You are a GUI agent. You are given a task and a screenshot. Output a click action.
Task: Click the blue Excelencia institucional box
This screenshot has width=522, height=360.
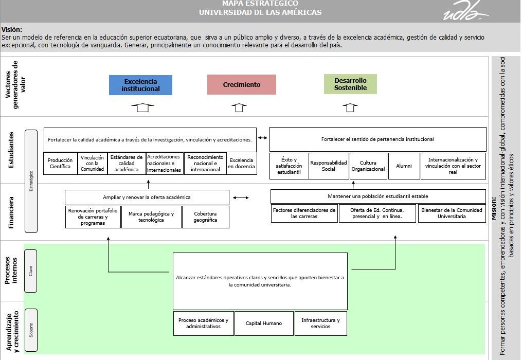[140, 85]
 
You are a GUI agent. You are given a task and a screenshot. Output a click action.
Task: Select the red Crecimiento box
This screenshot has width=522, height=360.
[242, 85]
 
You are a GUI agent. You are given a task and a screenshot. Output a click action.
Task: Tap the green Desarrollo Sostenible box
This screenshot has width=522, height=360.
[350, 84]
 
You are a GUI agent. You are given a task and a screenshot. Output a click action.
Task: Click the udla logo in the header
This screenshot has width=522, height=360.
[465, 11]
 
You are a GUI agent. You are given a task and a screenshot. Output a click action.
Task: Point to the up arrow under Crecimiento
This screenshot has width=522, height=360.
[239, 107]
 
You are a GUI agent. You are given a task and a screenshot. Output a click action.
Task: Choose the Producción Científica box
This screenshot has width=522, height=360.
[60, 164]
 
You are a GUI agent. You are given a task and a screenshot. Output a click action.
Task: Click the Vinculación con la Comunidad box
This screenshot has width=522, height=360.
[92, 164]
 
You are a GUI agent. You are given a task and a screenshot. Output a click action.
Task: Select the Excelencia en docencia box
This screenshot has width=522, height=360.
[241, 164]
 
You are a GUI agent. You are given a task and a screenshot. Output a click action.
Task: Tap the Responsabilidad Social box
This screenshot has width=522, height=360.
[329, 166]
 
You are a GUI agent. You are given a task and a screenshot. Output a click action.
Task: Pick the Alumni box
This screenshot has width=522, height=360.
[404, 166]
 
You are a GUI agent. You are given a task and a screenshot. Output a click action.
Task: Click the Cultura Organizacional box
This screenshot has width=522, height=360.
[368, 166]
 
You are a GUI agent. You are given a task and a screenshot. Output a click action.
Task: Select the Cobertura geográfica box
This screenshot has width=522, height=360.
[205, 217]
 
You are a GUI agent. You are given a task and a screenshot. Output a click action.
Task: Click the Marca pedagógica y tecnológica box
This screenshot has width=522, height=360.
[151, 217]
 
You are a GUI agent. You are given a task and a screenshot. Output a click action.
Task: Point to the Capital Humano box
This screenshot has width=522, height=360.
[264, 323]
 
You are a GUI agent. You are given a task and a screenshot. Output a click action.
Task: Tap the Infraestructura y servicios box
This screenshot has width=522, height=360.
[320, 323]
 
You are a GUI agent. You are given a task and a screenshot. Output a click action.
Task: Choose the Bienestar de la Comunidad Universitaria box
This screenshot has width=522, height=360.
[452, 213]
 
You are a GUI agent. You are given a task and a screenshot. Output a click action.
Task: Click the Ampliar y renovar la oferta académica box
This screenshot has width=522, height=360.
[147, 197]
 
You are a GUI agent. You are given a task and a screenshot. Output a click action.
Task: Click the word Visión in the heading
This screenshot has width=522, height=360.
[12, 30]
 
